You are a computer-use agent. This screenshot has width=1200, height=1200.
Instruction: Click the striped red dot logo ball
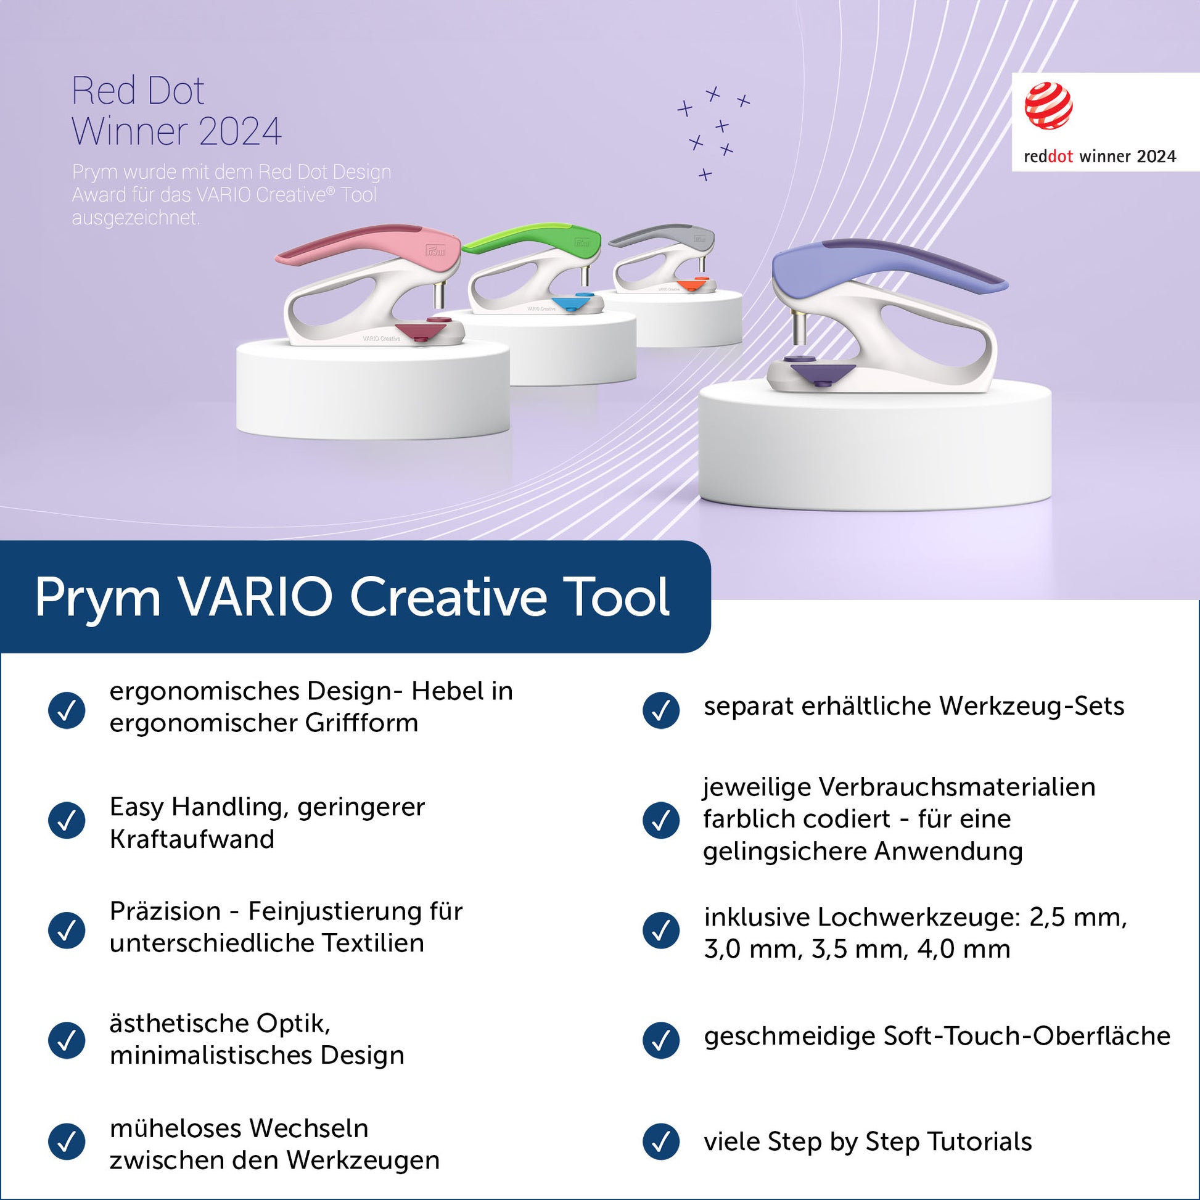pyautogui.click(x=1048, y=105)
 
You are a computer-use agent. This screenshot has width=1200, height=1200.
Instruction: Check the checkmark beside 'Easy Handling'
pyautogui.click(x=67, y=821)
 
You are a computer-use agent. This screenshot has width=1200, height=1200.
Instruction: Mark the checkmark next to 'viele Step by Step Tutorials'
pyautogui.click(x=661, y=1141)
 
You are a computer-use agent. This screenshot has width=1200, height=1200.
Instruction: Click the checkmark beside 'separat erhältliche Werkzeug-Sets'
pyautogui.click(x=661, y=710)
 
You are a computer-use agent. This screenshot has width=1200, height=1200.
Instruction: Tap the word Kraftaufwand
pyautogui.click(x=192, y=839)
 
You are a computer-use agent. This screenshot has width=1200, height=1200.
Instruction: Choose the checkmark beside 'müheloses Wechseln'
pyautogui.click(x=67, y=1141)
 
